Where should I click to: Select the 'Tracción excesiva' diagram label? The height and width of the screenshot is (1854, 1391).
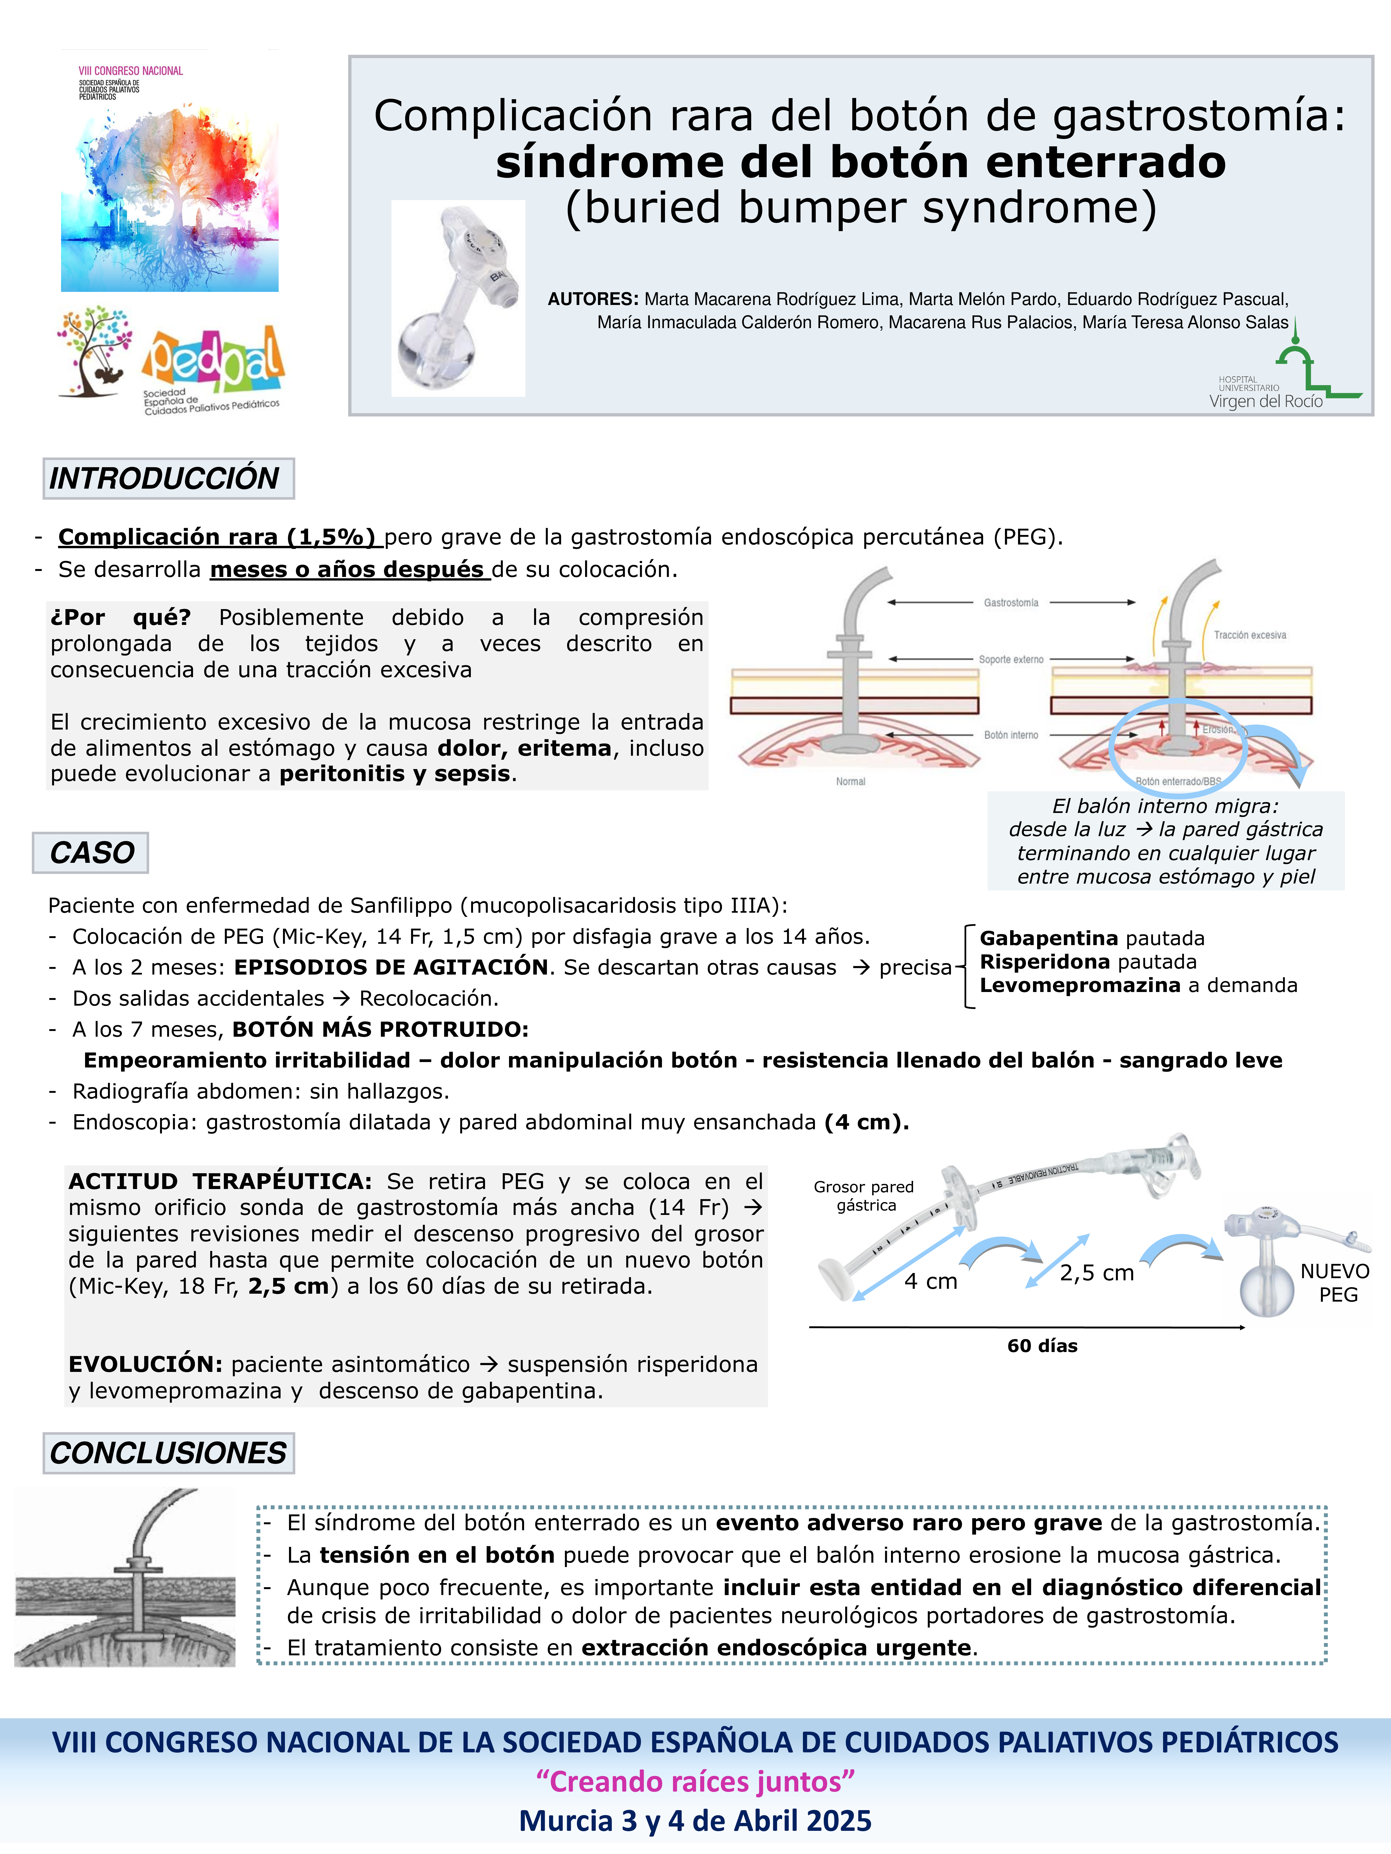1249,635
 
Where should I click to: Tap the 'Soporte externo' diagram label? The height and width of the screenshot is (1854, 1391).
1011,660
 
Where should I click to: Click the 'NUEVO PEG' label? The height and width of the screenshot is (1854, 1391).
1336,1283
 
